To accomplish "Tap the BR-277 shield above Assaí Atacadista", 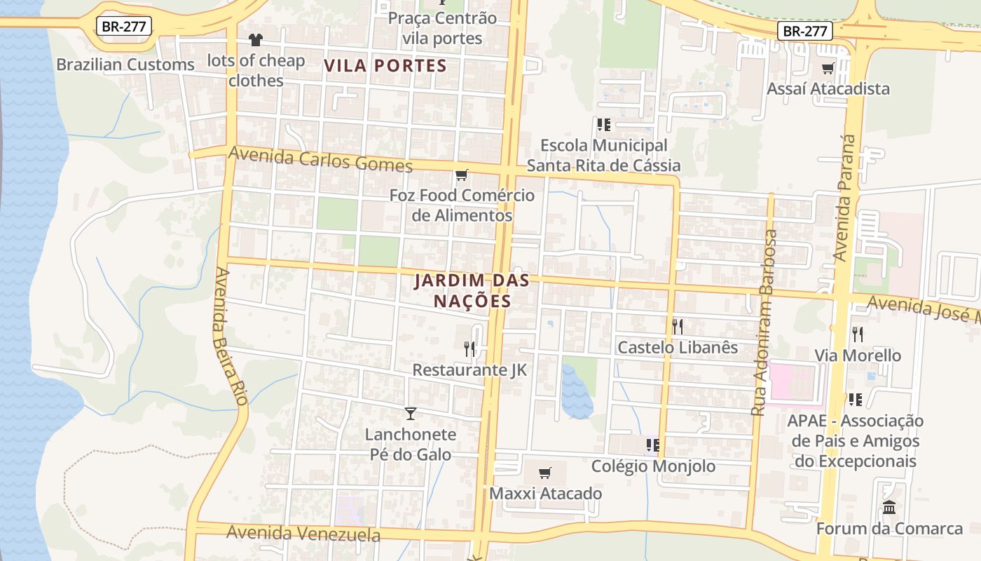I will click(x=804, y=31).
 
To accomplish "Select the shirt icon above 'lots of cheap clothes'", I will click(x=255, y=40).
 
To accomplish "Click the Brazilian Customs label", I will click(x=125, y=65).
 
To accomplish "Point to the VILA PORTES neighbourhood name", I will click(x=385, y=66).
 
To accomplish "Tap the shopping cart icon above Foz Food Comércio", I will click(x=461, y=175).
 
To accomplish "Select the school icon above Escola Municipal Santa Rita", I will click(x=603, y=125).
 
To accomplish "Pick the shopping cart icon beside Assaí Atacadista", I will click(x=828, y=68).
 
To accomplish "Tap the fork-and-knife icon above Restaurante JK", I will click(x=469, y=349).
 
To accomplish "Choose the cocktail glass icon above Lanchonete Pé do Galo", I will click(x=411, y=414).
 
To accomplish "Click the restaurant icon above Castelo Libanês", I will click(x=677, y=326).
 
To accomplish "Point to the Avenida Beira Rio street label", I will click(x=232, y=337).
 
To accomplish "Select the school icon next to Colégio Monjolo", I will click(x=652, y=445).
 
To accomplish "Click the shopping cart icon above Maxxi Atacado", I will click(x=545, y=473).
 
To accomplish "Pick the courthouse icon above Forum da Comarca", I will click(x=889, y=507).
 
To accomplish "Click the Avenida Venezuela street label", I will click(x=303, y=534).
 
